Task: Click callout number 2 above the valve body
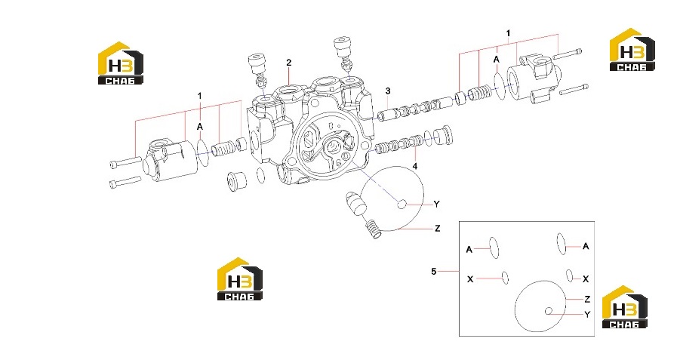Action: point(289,63)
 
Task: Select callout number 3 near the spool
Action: point(388,91)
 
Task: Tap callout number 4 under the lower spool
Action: point(415,166)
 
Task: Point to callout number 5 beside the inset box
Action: point(434,271)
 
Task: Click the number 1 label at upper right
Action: point(508,33)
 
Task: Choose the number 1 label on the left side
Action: point(199,95)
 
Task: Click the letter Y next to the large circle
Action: point(436,205)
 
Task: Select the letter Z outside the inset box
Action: point(438,229)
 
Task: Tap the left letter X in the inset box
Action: point(470,279)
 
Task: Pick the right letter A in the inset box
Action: point(586,246)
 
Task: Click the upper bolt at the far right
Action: point(568,54)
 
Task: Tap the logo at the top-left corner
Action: point(120,63)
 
